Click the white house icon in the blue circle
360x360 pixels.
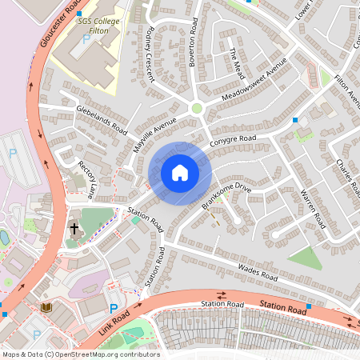[180, 173]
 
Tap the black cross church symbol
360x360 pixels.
[74, 228]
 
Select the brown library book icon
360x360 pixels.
[45, 306]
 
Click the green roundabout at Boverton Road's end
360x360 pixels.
[197, 108]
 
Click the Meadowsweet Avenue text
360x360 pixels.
[254, 81]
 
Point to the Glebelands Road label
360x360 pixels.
[101, 119]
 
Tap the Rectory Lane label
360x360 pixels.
[86, 178]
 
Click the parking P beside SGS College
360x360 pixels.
[86, 38]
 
